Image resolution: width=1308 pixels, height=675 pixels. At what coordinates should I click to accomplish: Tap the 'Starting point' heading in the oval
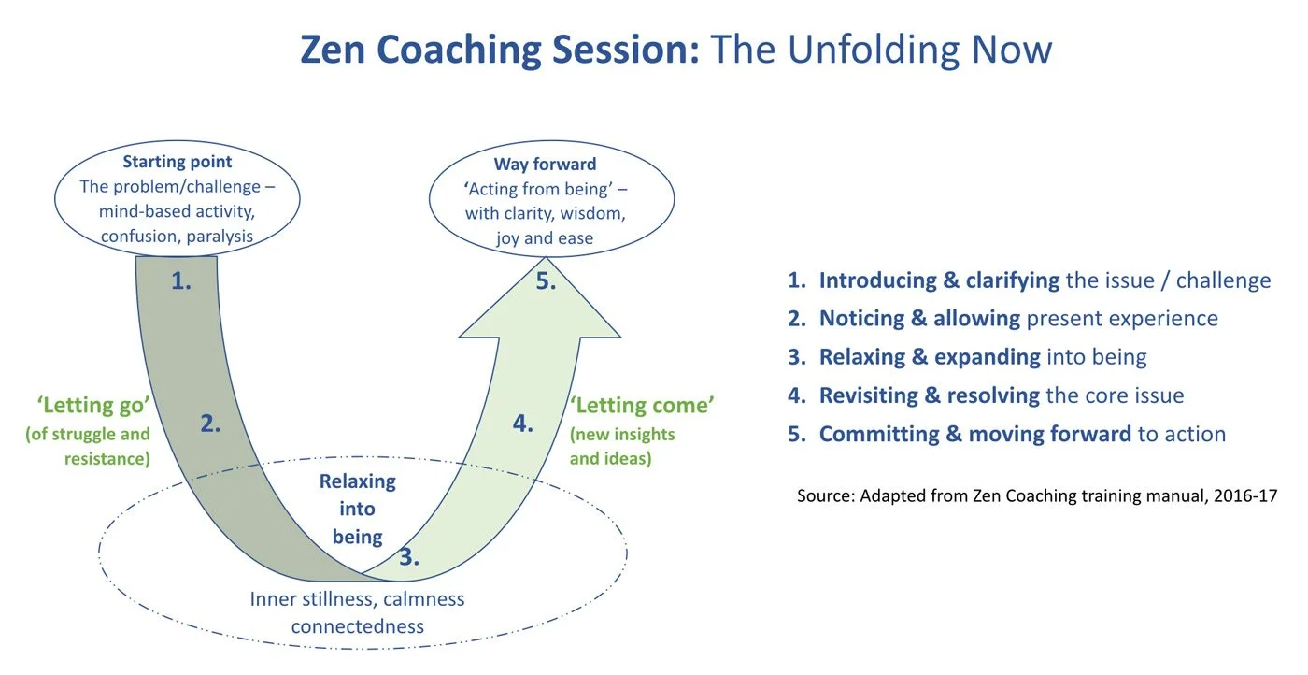tap(178, 162)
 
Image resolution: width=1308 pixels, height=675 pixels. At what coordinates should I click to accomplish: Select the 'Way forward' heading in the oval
tap(545, 165)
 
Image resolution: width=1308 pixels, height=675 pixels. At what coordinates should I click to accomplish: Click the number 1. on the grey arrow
tap(181, 280)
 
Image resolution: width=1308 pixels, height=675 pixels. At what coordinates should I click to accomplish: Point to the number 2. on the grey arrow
tap(210, 424)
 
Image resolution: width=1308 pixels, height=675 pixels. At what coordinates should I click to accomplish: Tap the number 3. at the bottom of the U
tap(409, 558)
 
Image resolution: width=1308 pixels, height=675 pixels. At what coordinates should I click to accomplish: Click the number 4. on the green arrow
tap(523, 424)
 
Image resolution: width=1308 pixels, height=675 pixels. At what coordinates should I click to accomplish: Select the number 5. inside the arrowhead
tap(546, 281)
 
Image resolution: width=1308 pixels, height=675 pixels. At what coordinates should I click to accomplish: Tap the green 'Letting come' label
tap(642, 406)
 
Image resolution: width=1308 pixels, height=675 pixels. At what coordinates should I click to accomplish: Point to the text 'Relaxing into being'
tap(357, 510)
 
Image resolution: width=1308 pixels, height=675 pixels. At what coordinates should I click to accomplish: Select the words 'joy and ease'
tap(545, 237)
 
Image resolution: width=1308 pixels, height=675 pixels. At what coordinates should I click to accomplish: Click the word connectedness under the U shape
tap(357, 626)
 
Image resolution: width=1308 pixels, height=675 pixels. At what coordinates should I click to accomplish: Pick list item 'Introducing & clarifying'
tap(939, 280)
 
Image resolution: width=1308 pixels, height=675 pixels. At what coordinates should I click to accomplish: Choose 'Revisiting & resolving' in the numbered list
tap(929, 395)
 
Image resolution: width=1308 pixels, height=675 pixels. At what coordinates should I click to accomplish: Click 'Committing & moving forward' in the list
tap(974, 434)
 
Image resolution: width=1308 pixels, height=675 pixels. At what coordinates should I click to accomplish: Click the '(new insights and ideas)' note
tap(622, 446)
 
